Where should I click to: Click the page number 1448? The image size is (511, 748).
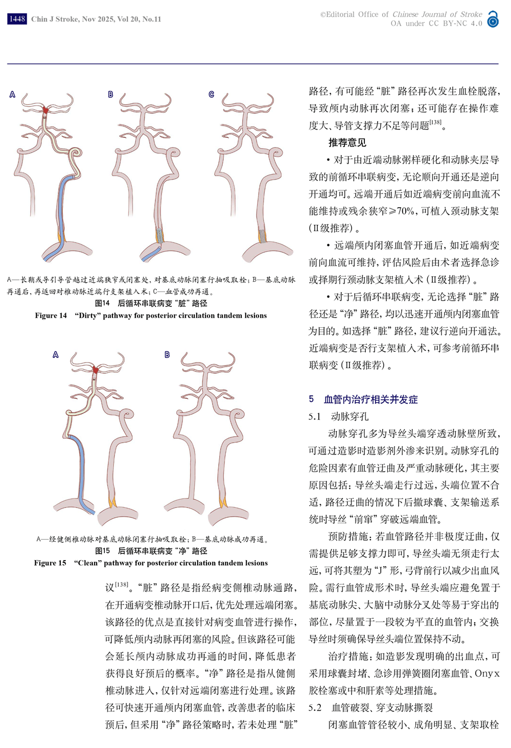point(17,19)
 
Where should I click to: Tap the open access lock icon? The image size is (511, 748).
point(493,19)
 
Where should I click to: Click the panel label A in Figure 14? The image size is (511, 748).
point(12,94)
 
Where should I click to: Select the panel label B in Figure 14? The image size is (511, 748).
point(110,94)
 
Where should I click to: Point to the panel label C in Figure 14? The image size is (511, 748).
point(212,94)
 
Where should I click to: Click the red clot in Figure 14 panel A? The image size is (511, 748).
point(46,110)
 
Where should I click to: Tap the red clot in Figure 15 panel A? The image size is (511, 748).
point(96,370)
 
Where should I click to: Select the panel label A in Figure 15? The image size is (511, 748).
point(56,355)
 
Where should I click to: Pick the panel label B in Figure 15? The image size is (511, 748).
point(167,355)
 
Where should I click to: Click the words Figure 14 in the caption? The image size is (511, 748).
point(51,316)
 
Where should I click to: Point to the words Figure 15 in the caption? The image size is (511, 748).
point(50,563)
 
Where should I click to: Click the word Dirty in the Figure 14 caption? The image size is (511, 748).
point(87,316)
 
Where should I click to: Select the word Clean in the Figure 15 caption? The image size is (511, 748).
point(87,563)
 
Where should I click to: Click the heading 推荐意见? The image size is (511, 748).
point(347,143)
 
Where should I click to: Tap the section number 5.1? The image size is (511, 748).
point(314,417)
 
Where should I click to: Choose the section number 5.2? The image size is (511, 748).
point(315,708)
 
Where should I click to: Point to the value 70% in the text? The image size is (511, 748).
point(406,211)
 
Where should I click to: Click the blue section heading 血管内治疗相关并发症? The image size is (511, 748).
point(370,399)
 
